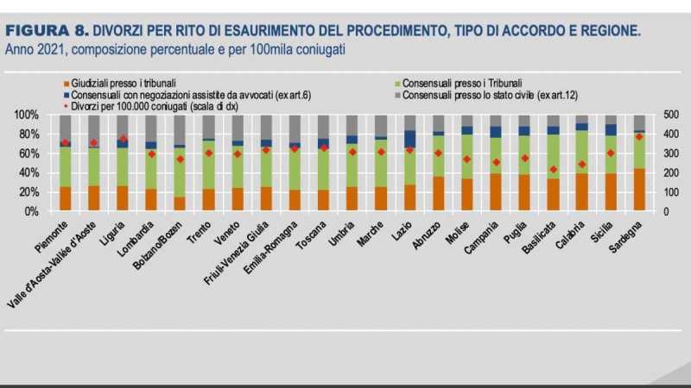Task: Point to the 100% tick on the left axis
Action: (x=27, y=115)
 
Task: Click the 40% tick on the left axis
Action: (x=29, y=172)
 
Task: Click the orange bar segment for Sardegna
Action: (x=639, y=190)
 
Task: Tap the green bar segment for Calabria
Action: (x=582, y=152)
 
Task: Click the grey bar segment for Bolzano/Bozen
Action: (x=180, y=129)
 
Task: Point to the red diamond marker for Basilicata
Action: (x=554, y=169)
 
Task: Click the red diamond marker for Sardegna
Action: (x=639, y=136)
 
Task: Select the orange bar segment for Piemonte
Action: (x=65, y=198)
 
